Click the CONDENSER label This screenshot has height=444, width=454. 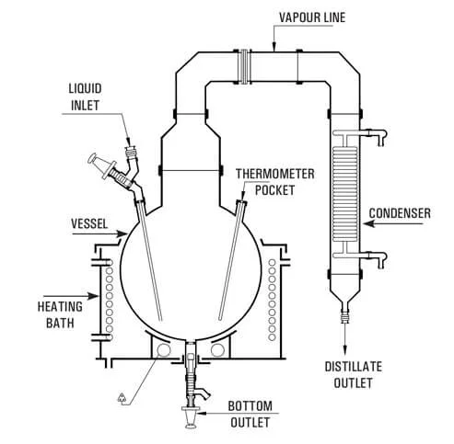[x=401, y=213]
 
